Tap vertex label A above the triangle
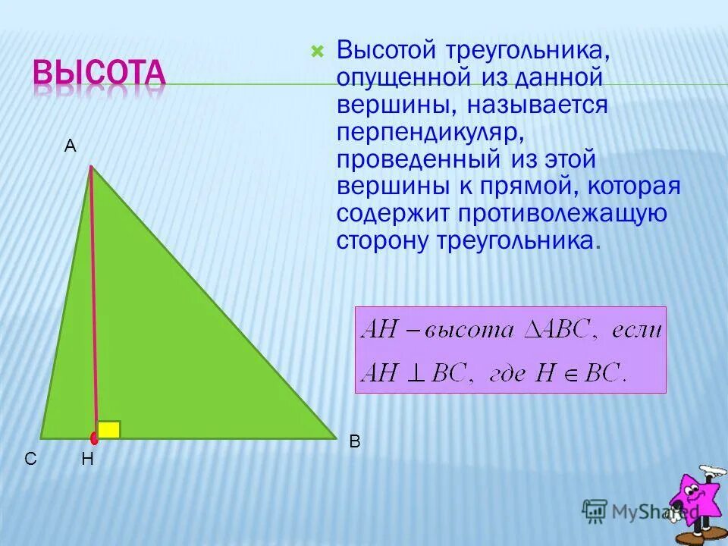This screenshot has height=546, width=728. (70, 147)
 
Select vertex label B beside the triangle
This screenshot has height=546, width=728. (354, 442)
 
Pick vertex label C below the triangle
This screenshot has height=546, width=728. (30, 459)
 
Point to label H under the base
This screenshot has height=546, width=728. (87, 459)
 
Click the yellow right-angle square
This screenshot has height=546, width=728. (108, 429)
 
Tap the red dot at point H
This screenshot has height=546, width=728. (95, 438)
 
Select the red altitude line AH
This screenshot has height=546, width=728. (93, 303)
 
